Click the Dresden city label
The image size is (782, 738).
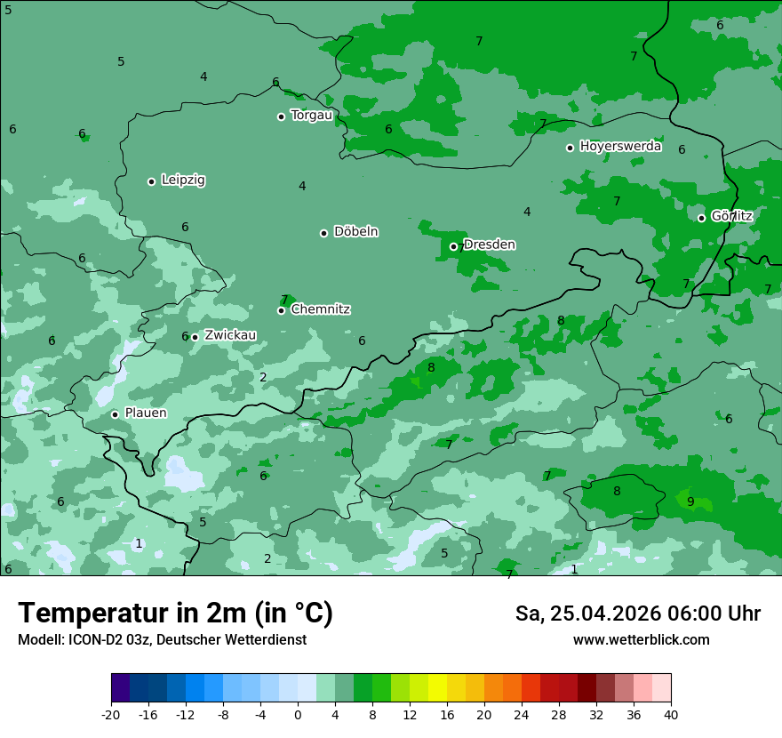tap(489, 245)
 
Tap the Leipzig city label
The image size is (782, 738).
tap(183, 180)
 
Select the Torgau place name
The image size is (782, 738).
tap(311, 115)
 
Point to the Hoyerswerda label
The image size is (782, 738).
tap(620, 146)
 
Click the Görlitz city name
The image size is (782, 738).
tap(731, 215)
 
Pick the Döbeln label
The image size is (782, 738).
tap(355, 231)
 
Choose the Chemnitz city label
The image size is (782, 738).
tap(320, 309)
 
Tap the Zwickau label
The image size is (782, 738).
tap(230, 335)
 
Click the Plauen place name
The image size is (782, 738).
tap(145, 413)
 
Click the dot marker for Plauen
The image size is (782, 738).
tap(115, 414)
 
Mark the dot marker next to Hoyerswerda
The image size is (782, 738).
tap(570, 148)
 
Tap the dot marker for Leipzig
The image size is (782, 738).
tap(151, 181)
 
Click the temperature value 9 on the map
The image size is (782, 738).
tap(690, 501)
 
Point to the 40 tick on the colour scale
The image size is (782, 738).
tap(670, 714)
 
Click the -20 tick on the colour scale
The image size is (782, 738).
tap(111, 714)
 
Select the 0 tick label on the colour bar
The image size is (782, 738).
tap(298, 714)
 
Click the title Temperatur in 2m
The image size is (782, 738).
tap(175, 614)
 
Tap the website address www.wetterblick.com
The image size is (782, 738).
tap(641, 639)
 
